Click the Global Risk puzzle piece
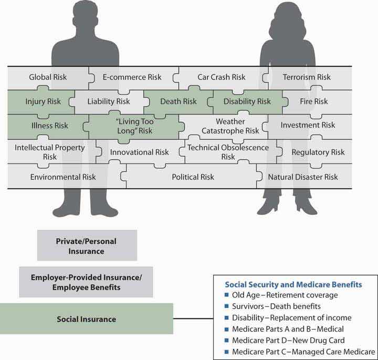pyautogui.click(x=48, y=77)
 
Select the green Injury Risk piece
pyautogui.click(x=43, y=101)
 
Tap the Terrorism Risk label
pyautogui.click(x=307, y=77)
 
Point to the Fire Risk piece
pyautogui.click(x=313, y=101)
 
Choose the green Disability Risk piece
pyautogui.click(x=247, y=101)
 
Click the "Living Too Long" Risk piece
pyautogui.click(x=134, y=126)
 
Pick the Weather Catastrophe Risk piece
pyautogui.click(x=230, y=126)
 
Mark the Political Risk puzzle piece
pyautogui.click(x=193, y=177)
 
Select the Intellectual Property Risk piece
pyautogui.click(x=49, y=152)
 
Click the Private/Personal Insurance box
pyautogui.click(x=87, y=245)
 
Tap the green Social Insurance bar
pyautogui.click(x=86, y=319)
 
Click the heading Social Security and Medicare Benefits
pyautogui.click(x=293, y=285)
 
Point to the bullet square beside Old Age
pyautogui.click(x=227, y=295)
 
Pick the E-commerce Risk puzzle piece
pyautogui.click(x=132, y=77)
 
